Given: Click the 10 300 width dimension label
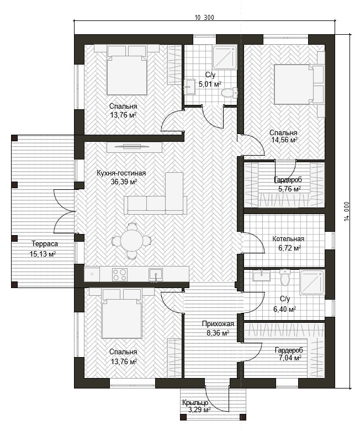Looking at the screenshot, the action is pyautogui.click(x=204, y=18).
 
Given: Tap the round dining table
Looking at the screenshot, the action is pyautogui.click(x=131, y=240).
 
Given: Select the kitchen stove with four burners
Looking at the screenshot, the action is pyautogui.click(x=120, y=274).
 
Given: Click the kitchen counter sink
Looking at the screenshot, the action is pyautogui.click(x=156, y=275).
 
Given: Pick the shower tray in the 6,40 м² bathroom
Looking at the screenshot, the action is pyautogui.click(x=312, y=283).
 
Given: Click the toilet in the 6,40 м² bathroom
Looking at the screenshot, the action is pyautogui.click(x=285, y=277).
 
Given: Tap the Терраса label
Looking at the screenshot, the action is pyautogui.click(x=45, y=244).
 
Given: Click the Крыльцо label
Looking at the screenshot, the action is pyautogui.click(x=195, y=403).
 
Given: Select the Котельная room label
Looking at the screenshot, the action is pyautogui.click(x=288, y=239).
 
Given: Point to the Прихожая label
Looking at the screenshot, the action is pyautogui.click(x=218, y=324).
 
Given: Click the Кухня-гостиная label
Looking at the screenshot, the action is pyautogui.click(x=121, y=173).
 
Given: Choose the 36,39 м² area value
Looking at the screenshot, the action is pyautogui.click(x=124, y=182).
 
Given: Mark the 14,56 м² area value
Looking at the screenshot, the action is pyautogui.click(x=284, y=140).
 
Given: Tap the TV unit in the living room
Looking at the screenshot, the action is pyautogui.click(x=135, y=147).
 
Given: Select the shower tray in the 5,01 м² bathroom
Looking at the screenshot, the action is pyautogui.click(x=224, y=57).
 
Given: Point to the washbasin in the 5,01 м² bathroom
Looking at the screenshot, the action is pyautogui.click(x=189, y=87).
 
